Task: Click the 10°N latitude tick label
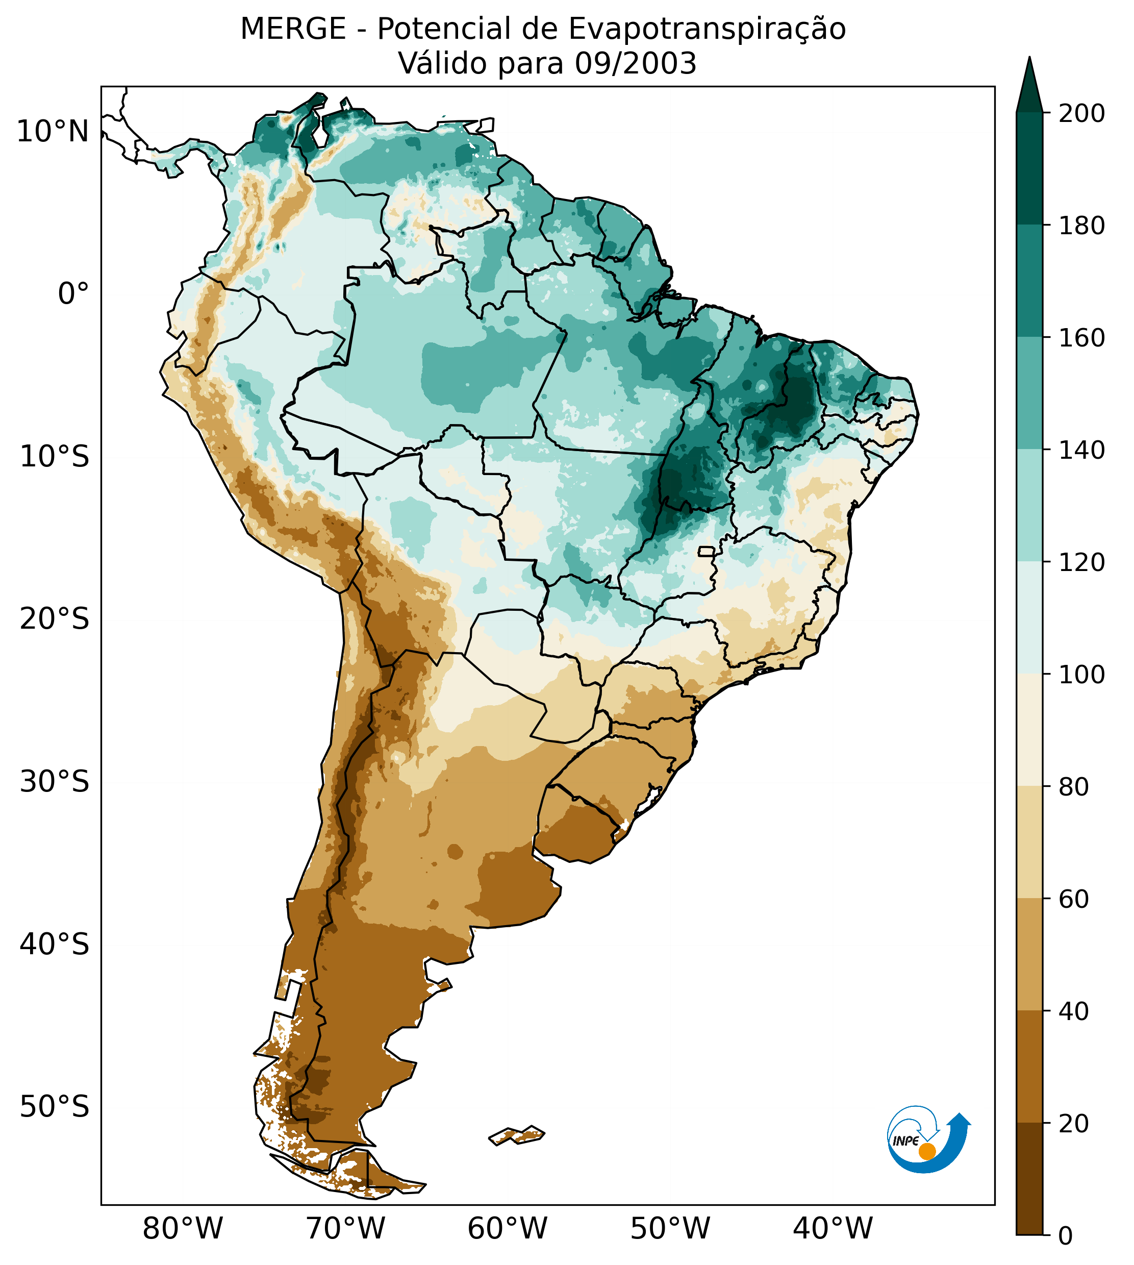click(x=53, y=132)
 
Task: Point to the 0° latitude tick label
click(x=73, y=294)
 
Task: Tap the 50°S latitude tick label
click(x=55, y=1107)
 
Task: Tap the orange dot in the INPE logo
click(x=927, y=1152)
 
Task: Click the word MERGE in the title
click(x=293, y=29)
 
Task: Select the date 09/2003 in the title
click(x=635, y=64)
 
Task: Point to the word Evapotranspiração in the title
click(x=707, y=29)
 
